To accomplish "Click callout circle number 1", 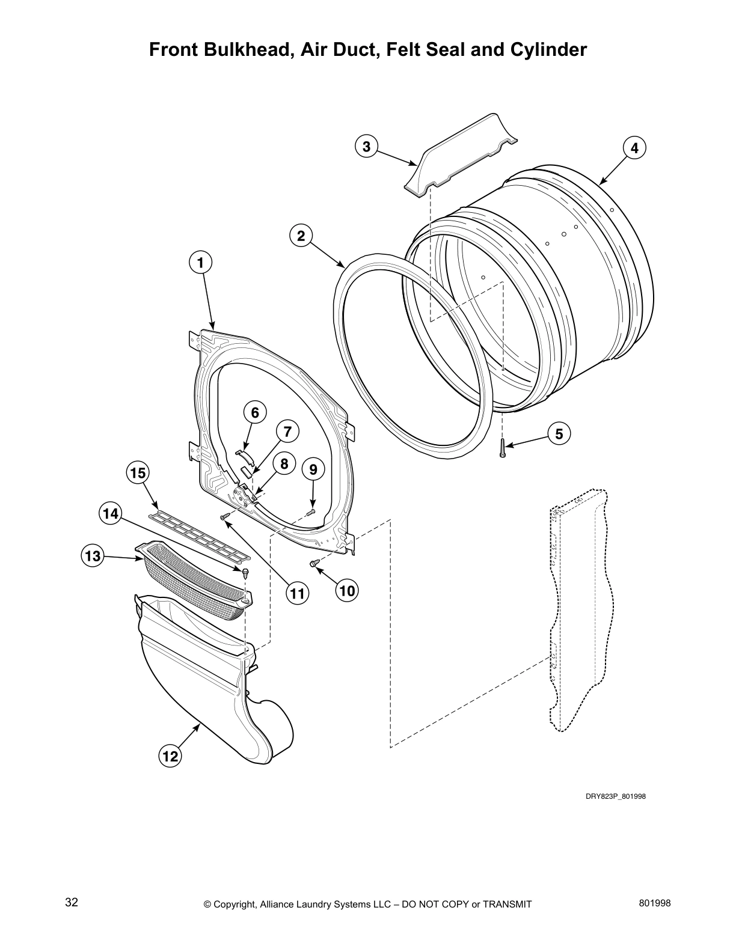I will (200, 262).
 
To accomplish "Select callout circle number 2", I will (301, 236).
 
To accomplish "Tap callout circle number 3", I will (366, 146).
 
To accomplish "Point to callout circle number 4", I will (634, 147).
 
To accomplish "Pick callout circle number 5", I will (559, 433).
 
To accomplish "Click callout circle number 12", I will (171, 756).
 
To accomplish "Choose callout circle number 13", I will (92, 556).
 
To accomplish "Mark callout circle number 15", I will (138, 473).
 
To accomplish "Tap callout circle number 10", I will (347, 590).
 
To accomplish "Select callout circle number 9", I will (313, 469).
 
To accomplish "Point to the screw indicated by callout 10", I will (313, 563).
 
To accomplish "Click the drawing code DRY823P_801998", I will (616, 797).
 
